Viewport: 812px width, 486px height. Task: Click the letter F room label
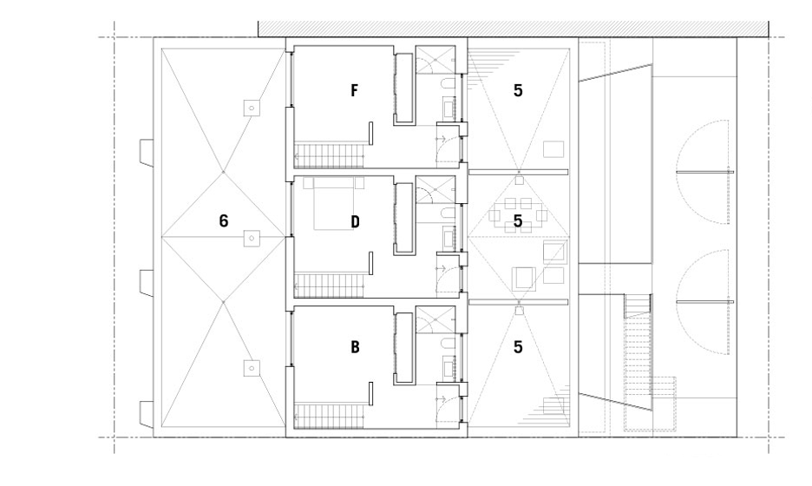click(354, 90)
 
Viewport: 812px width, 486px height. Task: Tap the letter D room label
click(355, 222)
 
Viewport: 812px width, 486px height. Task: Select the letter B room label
click(355, 346)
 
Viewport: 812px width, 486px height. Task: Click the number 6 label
click(223, 221)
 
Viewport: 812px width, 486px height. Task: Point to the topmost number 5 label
click(518, 90)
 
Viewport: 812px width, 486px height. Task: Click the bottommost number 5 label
click(518, 346)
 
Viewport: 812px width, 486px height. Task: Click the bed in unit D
click(334, 203)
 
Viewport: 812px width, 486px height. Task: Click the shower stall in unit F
click(435, 60)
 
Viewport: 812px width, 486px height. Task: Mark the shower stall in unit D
click(435, 190)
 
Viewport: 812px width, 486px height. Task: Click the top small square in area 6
click(252, 108)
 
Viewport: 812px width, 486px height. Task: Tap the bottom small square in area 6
click(252, 368)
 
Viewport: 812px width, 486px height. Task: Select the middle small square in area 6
click(252, 238)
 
